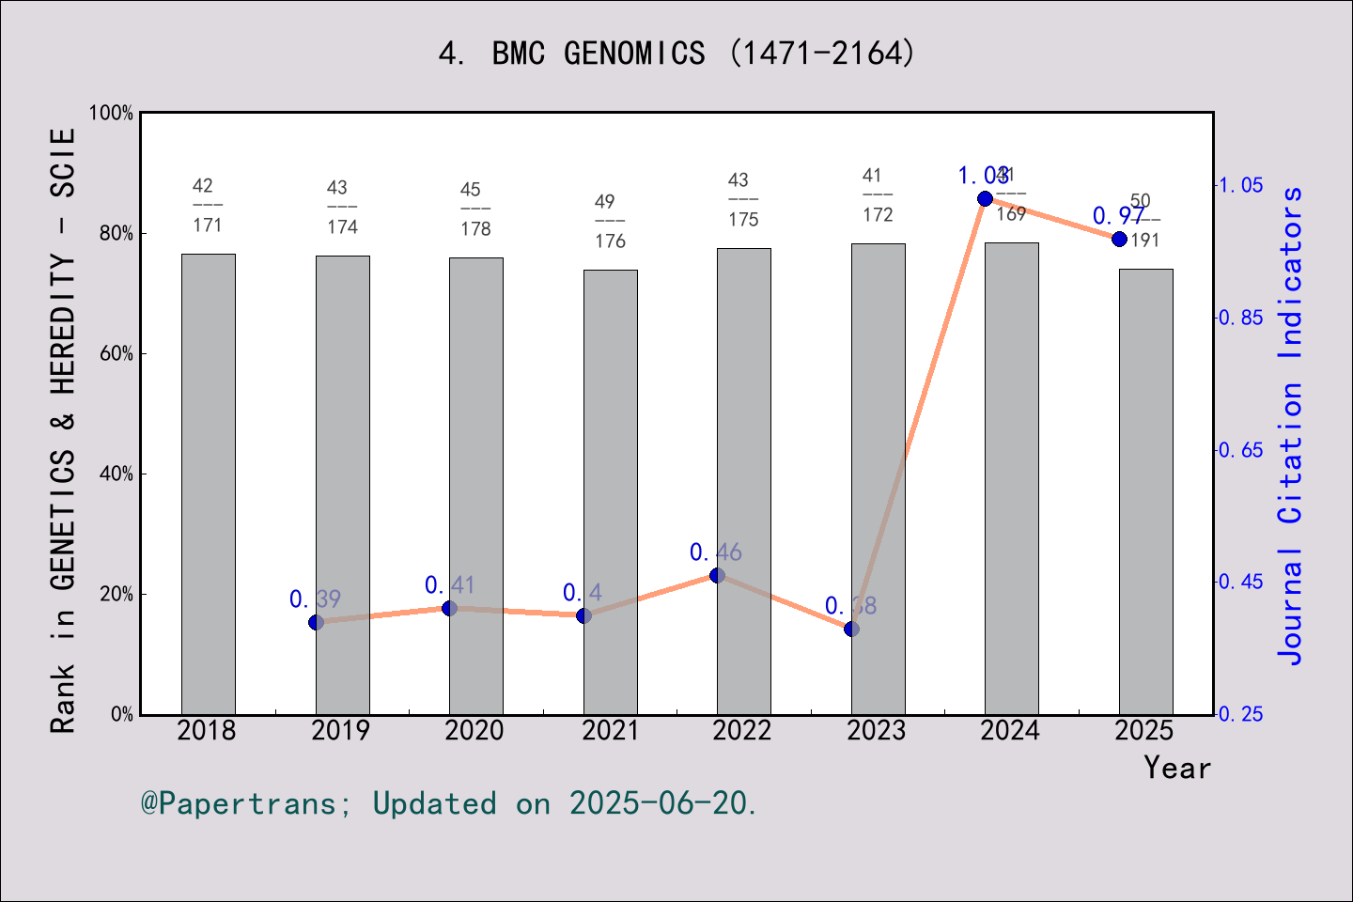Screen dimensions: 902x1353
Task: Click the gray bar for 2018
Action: [x=208, y=484]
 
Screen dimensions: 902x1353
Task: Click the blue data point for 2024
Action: [x=985, y=198]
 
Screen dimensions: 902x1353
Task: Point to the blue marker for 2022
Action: [x=717, y=575]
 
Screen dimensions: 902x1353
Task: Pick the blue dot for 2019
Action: [x=316, y=622]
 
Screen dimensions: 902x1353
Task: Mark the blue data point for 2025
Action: [x=1119, y=239]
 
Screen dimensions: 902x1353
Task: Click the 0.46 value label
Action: [x=716, y=552]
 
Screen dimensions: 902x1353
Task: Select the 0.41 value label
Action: [x=450, y=585]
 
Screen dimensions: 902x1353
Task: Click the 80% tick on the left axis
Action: [x=117, y=233]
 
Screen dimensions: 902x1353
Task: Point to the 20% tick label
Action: [x=117, y=594]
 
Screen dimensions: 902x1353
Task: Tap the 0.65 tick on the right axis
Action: [x=1241, y=450]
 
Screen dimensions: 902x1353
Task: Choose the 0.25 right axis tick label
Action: [x=1241, y=714]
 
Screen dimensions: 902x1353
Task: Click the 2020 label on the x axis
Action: [x=474, y=730]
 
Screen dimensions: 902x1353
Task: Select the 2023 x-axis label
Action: [x=877, y=730]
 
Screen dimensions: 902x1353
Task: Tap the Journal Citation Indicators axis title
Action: [x=1291, y=425]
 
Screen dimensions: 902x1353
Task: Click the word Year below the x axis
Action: [x=1177, y=768]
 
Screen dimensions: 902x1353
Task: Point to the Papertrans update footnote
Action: [x=449, y=803]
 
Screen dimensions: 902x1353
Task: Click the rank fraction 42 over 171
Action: [x=207, y=205]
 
